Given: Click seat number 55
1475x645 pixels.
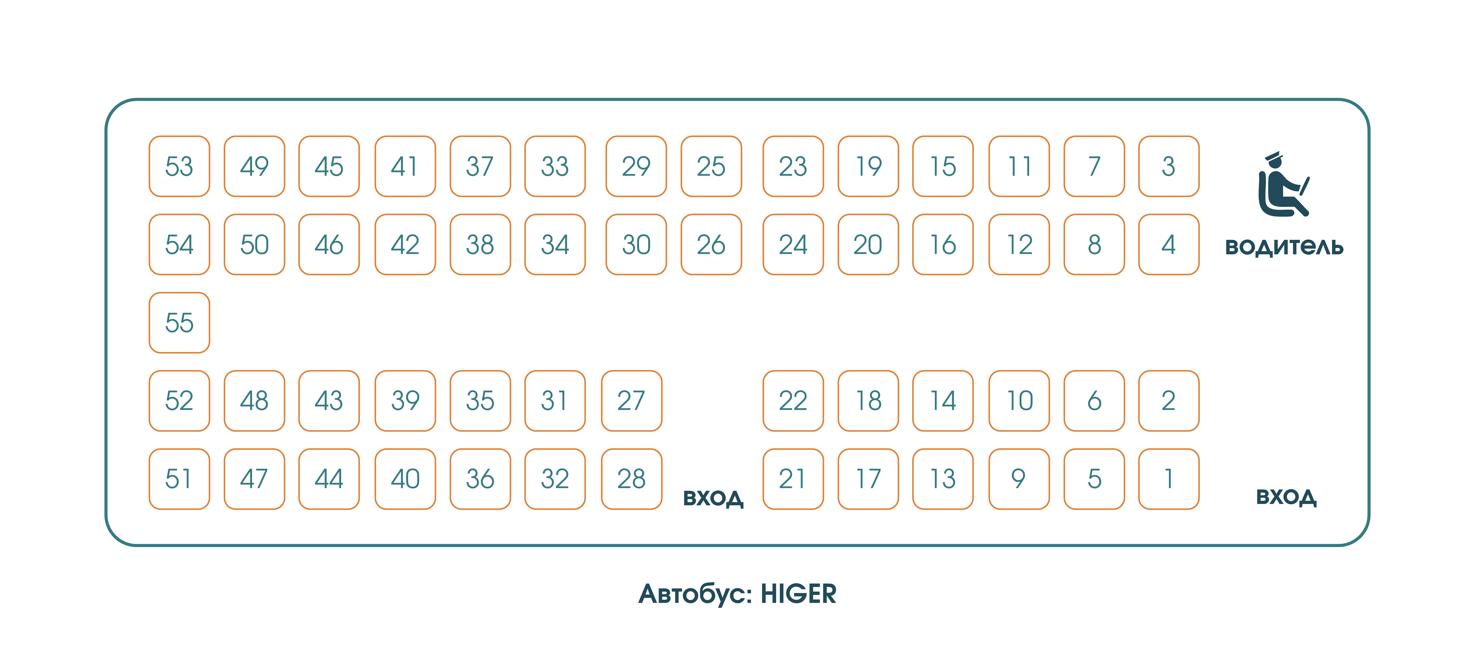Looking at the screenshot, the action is point(179,322).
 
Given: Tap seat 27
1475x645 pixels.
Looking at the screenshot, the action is point(631,400).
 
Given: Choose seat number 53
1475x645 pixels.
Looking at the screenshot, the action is point(179,166).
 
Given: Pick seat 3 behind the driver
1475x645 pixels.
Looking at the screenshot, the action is point(1169,166).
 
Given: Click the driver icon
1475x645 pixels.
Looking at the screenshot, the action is point(1283,184).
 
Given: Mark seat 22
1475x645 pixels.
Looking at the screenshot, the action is point(793,400).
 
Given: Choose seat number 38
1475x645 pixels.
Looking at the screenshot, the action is point(480,245).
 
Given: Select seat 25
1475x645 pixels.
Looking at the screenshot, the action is point(711,166).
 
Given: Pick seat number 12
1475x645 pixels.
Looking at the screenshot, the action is point(1019,245).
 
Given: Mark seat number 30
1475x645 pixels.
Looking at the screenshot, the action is point(636,245).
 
